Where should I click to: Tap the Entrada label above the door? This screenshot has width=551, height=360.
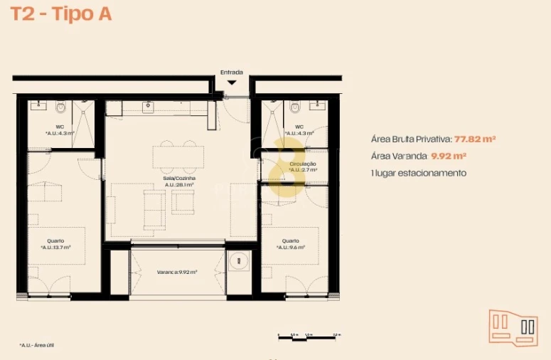(x=231, y=72)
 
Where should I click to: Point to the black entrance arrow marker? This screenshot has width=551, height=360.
(x=232, y=83)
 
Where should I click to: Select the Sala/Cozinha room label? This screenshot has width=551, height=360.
(x=180, y=181)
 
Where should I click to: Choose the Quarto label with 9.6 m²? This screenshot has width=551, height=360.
(x=290, y=244)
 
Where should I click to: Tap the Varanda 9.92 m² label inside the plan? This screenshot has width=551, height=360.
(x=177, y=272)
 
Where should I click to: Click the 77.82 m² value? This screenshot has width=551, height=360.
(x=475, y=139)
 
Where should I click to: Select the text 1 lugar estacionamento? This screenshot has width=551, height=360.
(x=419, y=173)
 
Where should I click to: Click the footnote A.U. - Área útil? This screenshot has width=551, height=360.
(x=37, y=345)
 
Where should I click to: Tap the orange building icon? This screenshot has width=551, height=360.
(x=513, y=328)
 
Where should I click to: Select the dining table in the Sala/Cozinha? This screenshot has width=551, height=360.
(x=174, y=156)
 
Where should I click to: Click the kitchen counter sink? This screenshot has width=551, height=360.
(x=149, y=107)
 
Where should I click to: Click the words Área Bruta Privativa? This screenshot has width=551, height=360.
(x=411, y=139)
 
